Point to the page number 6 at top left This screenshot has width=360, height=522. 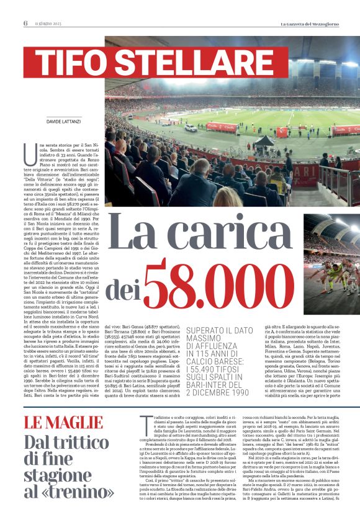click(25, 24)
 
